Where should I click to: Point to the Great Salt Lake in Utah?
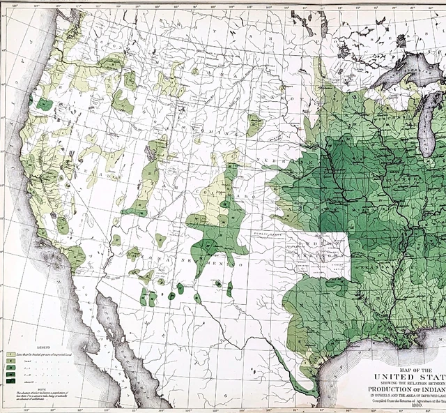coord(150,148)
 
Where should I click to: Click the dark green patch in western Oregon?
coord(45,105)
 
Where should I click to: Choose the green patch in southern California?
coord(75,255)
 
